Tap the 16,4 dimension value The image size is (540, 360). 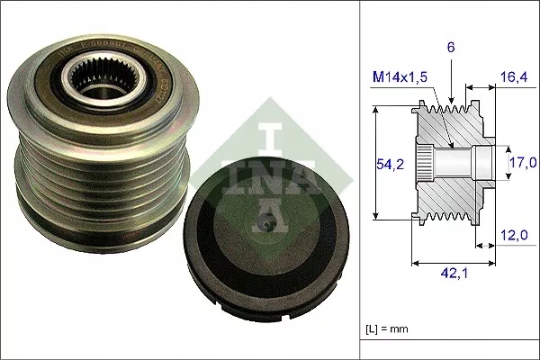coord(515,79)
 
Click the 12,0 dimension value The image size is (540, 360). coord(515,236)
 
